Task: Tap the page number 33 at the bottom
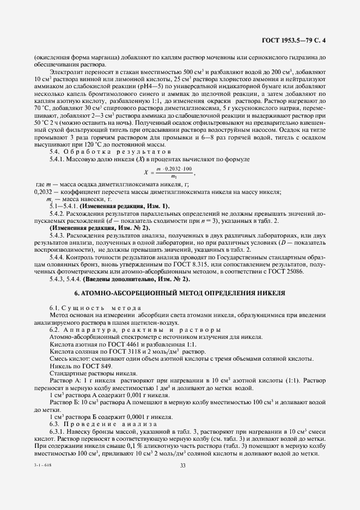[x=182, y=465]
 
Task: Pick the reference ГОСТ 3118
[x=113, y=353]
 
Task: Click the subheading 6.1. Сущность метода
[x=88, y=309]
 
